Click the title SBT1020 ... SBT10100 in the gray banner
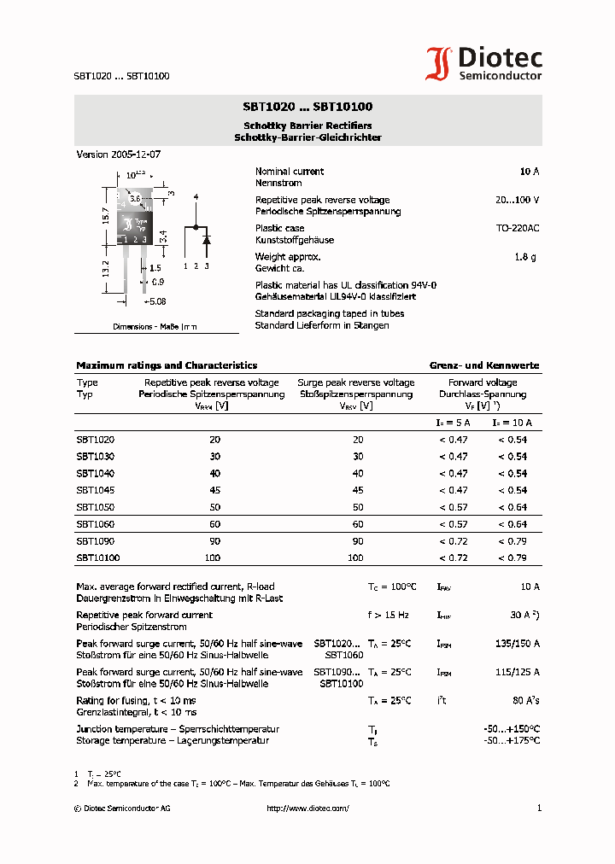pos(307,108)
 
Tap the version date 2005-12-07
pos(135,155)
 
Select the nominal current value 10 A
pos(529,172)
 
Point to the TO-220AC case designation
pos(518,229)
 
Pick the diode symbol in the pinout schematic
pos(206,240)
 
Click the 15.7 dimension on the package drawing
pos(105,215)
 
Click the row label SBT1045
pos(95,490)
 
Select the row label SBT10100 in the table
pos(97,558)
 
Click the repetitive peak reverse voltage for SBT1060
pos(214,524)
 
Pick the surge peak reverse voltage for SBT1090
pos(357,541)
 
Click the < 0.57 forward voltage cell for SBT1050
pos(453,507)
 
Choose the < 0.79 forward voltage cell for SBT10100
pos(512,558)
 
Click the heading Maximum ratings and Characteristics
pos(167,365)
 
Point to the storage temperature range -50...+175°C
pos(512,741)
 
